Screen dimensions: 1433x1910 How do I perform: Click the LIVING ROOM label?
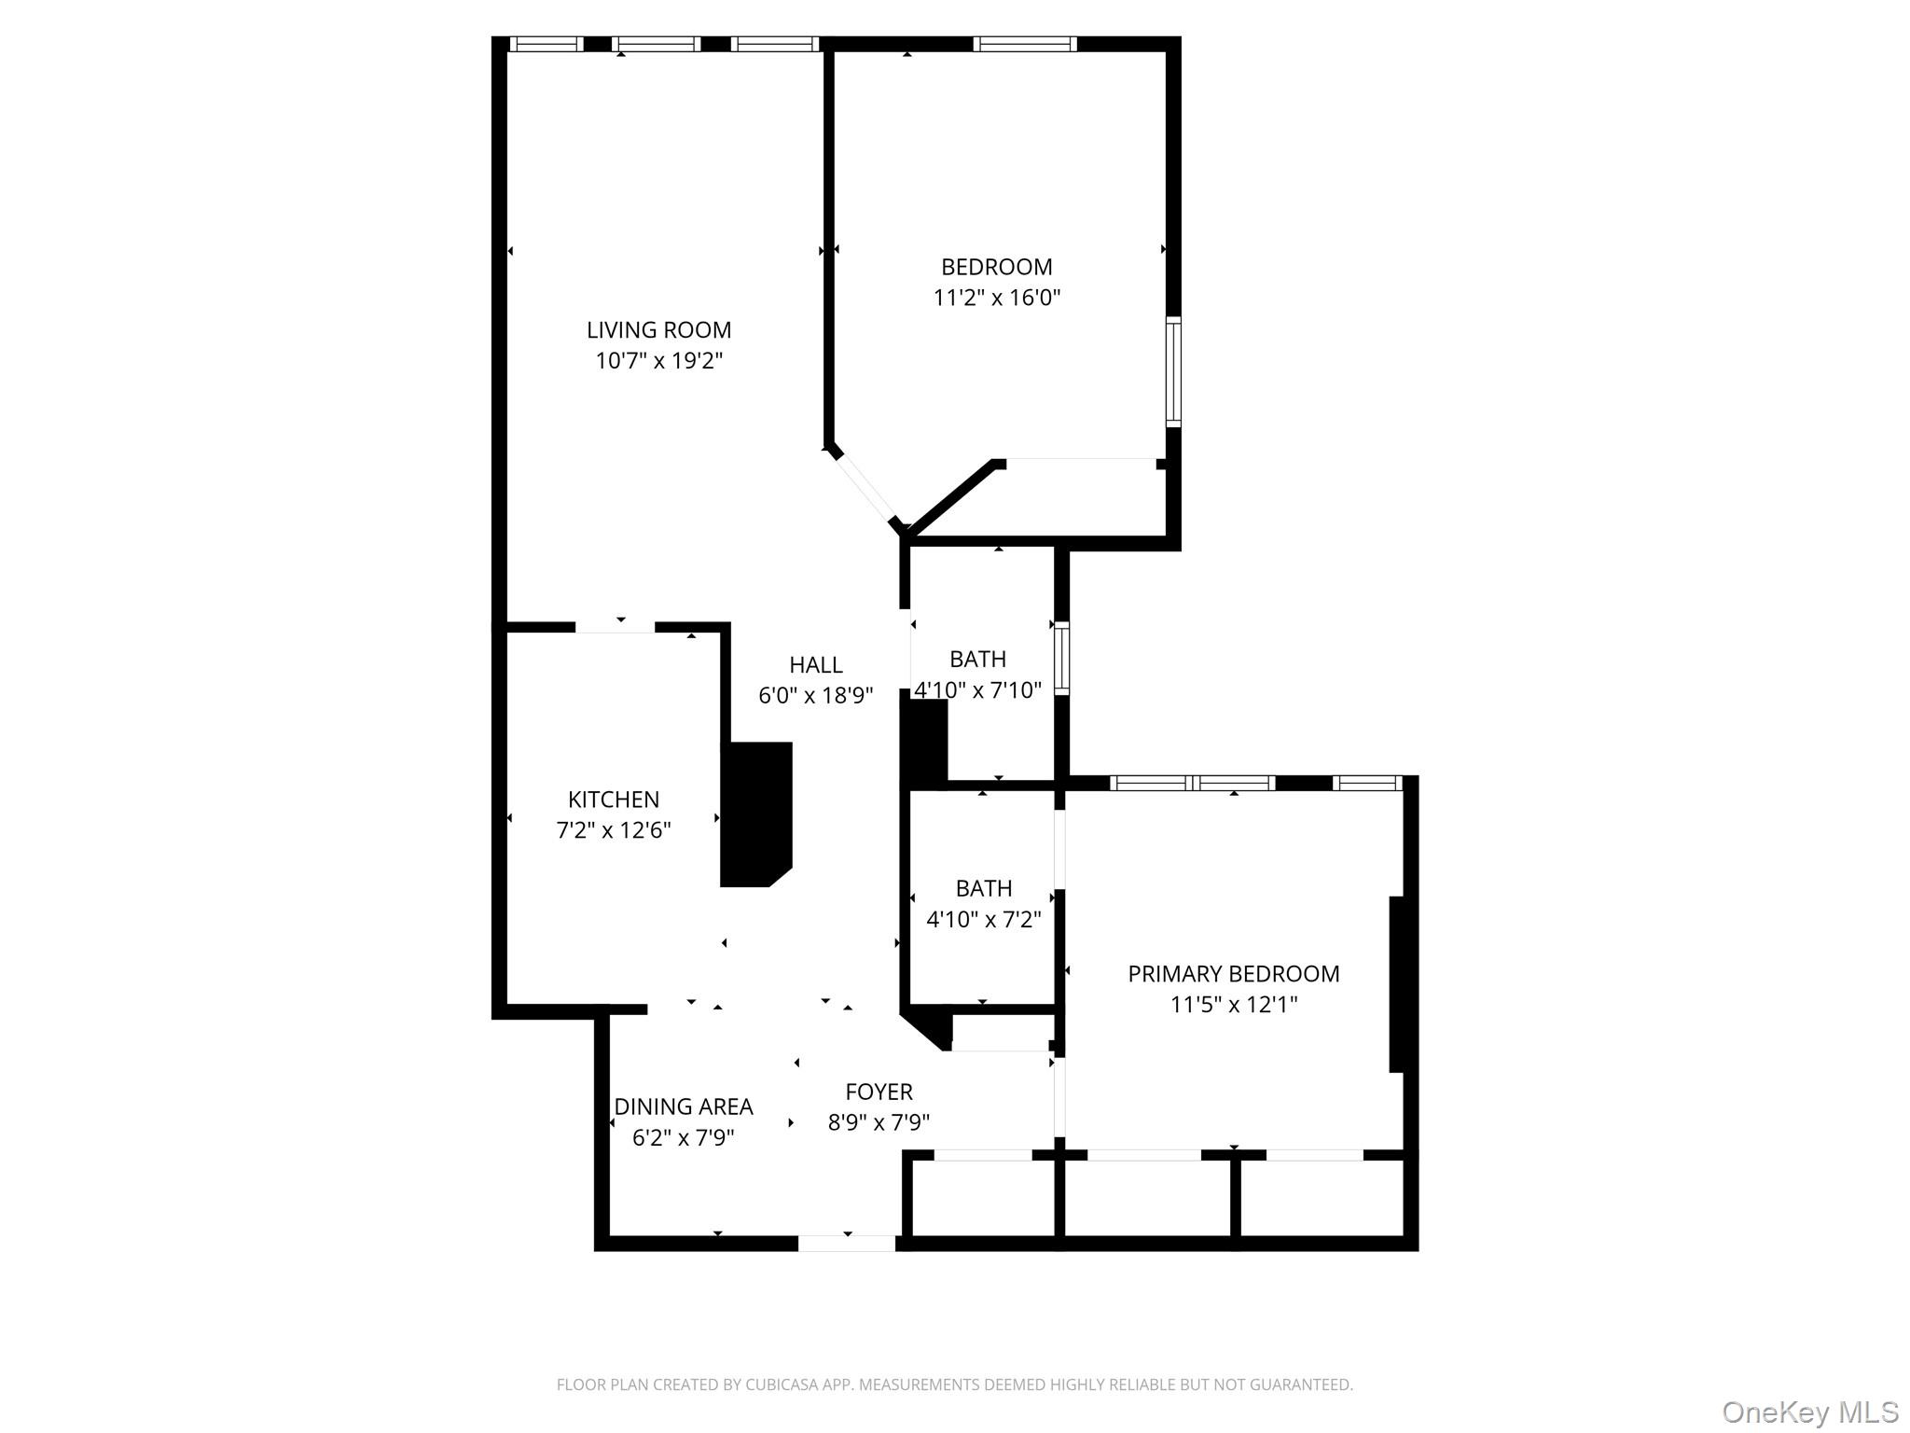point(658,329)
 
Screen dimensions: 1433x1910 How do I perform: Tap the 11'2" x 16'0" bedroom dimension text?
point(996,298)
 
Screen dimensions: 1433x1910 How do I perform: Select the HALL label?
point(815,664)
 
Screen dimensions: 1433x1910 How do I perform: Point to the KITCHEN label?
point(613,799)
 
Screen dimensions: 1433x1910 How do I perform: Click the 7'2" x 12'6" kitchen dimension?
point(613,829)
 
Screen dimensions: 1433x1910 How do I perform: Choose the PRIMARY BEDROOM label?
point(1233,973)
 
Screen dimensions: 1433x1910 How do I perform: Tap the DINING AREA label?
point(683,1106)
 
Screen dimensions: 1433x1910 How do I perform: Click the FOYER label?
point(879,1091)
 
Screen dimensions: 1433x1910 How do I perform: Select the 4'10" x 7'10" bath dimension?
point(977,690)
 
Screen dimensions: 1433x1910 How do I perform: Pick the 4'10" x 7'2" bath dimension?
point(983,919)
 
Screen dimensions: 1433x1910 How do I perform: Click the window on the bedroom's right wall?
point(1173,371)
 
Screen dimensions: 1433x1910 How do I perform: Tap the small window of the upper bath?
point(1061,659)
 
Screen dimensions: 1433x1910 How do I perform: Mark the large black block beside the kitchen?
point(757,814)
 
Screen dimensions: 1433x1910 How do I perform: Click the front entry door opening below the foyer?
point(846,1243)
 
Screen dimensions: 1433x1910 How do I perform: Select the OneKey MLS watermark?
point(1809,1412)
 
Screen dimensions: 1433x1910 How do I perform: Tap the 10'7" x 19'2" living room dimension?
point(658,360)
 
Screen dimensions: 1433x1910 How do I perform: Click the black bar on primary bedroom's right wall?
point(1396,983)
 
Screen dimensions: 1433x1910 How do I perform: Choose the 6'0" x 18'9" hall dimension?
point(815,695)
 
